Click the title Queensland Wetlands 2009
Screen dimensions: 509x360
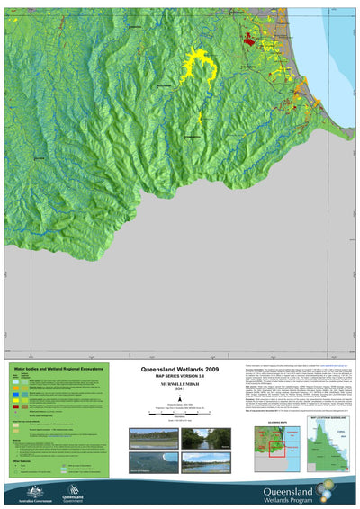click(x=179, y=369)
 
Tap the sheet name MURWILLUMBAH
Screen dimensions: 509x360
click(x=179, y=387)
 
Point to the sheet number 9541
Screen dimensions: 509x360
click(x=179, y=393)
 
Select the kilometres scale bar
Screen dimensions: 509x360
click(x=179, y=413)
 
